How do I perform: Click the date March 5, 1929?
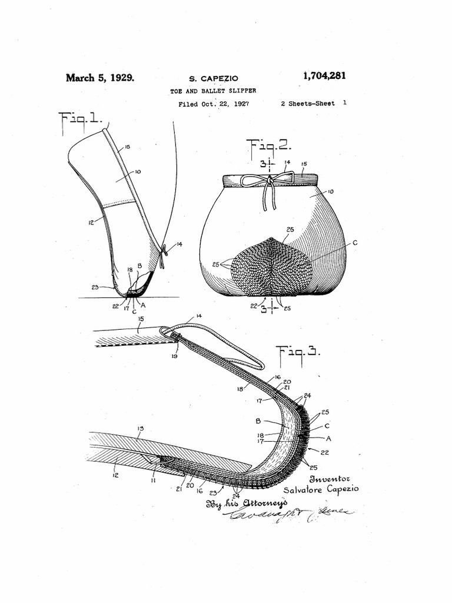pyautogui.click(x=99, y=77)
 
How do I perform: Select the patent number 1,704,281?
pyautogui.click(x=324, y=76)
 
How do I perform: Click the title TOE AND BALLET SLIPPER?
pyautogui.click(x=213, y=91)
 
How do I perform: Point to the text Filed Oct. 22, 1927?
pyautogui.click(x=213, y=104)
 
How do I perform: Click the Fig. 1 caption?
pyautogui.click(x=82, y=122)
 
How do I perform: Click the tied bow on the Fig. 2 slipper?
pyautogui.click(x=270, y=180)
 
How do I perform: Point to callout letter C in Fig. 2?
pyautogui.click(x=355, y=242)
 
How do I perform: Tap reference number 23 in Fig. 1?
pyautogui.click(x=96, y=287)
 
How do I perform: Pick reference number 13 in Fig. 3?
pyautogui.click(x=140, y=428)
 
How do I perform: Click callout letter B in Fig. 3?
pyautogui.click(x=258, y=421)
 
